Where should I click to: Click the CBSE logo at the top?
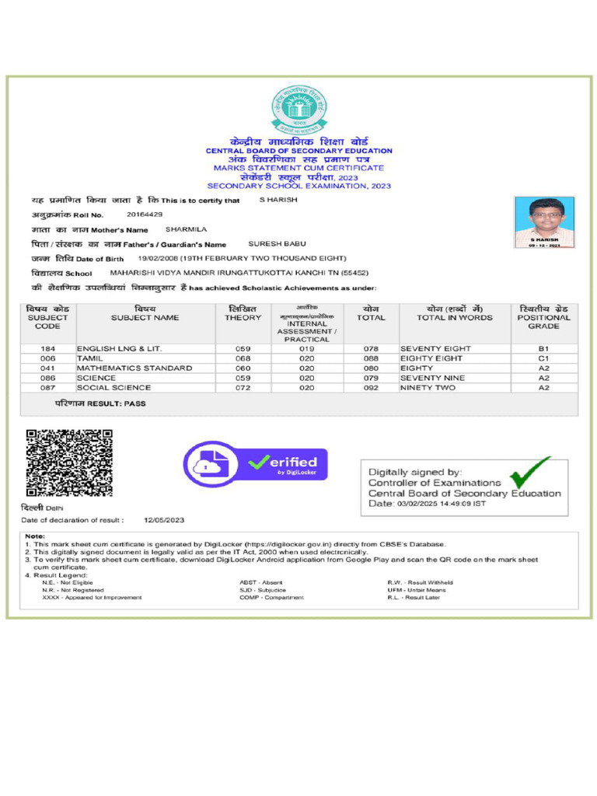(x=298, y=110)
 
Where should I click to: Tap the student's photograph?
(x=544, y=222)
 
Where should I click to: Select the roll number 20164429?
(x=145, y=214)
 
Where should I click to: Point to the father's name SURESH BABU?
(x=277, y=243)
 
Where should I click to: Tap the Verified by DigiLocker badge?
(x=255, y=465)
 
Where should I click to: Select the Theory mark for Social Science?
(x=243, y=387)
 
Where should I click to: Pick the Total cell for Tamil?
(x=371, y=358)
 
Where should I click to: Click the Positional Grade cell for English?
(x=543, y=349)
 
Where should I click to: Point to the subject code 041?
(x=47, y=368)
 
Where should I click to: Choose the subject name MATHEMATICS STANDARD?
(x=134, y=368)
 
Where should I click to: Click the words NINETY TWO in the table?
(x=428, y=387)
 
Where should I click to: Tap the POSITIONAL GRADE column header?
(x=543, y=317)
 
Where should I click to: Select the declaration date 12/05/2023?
(x=164, y=519)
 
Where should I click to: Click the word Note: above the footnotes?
(x=35, y=536)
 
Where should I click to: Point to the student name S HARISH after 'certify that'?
(x=278, y=200)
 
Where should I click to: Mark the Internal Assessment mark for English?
(x=306, y=349)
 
